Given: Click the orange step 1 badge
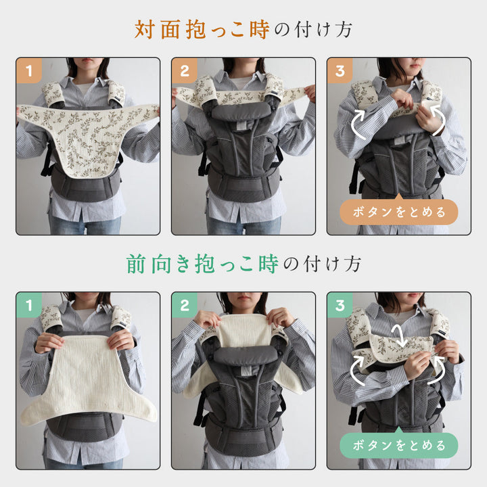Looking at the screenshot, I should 29,70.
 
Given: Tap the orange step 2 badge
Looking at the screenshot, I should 185,70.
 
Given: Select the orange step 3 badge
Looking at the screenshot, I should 340,70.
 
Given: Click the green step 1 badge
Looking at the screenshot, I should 29,306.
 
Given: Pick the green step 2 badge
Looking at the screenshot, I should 185,306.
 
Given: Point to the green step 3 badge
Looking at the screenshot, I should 340,306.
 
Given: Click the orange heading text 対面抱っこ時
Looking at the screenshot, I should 202,30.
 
